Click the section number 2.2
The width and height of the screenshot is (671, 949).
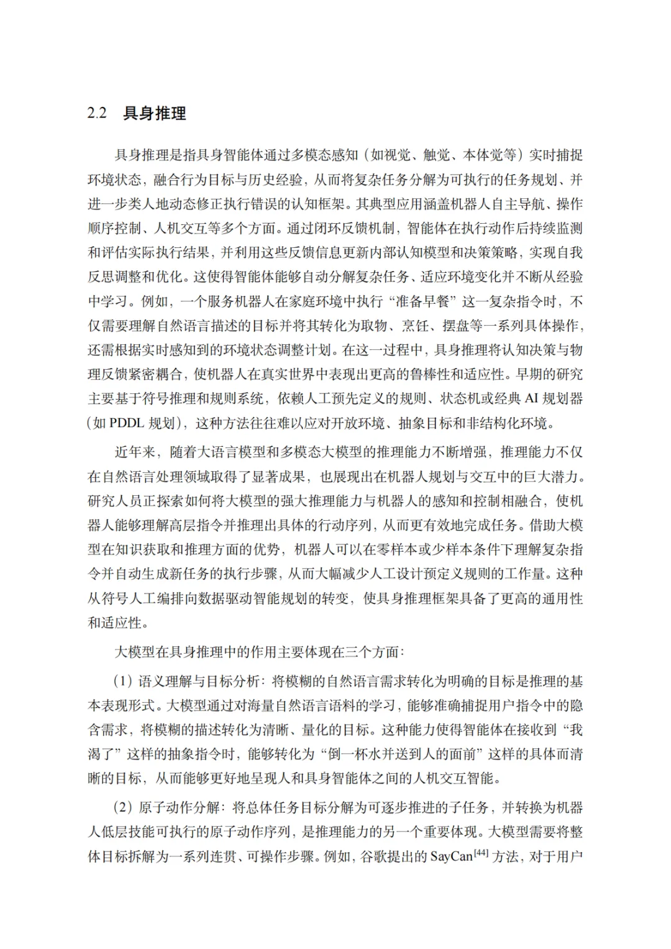[97, 114]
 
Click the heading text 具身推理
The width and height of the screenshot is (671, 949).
[155, 114]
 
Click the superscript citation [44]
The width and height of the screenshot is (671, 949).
[482, 853]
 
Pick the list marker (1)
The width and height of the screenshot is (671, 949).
[122, 682]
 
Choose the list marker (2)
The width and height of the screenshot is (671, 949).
[122, 808]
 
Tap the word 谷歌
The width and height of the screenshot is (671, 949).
[373, 856]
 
